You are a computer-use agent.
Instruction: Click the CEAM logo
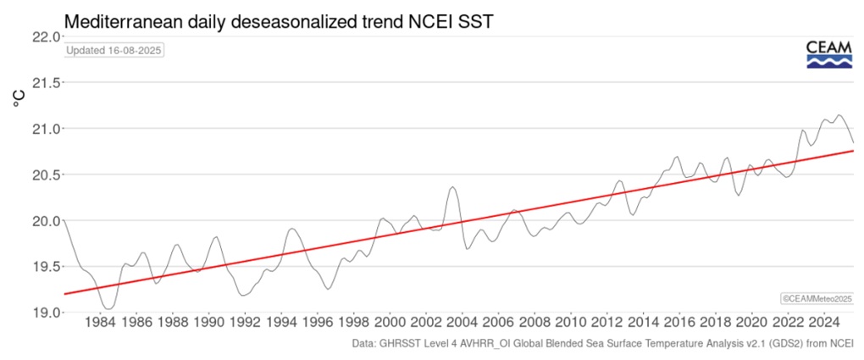pyautogui.click(x=828, y=53)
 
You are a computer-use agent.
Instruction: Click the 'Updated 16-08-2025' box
pyautogui.click(x=114, y=50)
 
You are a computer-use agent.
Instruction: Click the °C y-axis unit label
pyautogui.click(x=19, y=100)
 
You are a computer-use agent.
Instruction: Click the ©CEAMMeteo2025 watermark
pyautogui.click(x=816, y=298)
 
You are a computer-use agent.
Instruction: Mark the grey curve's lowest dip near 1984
pyautogui.click(x=107, y=309)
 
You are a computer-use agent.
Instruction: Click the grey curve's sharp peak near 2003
pyautogui.click(x=453, y=187)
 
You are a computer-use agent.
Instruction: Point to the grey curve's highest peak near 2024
pyautogui.click(x=839, y=115)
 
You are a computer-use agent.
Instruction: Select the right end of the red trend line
pyautogui.click(x=852, y=150)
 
